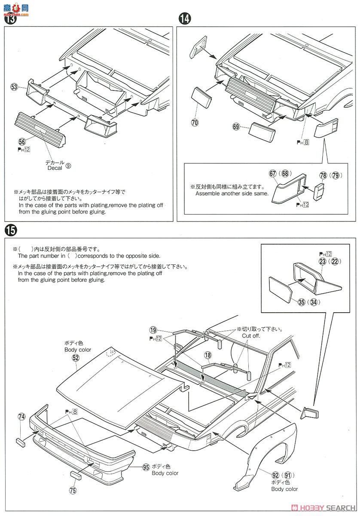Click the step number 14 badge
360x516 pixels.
coord(184,18)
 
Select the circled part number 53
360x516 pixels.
coord(15,87)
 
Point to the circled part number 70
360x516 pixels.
coord(195,123)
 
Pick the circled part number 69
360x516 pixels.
coord(236,126)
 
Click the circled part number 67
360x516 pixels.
coord(273,173)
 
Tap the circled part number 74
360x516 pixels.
coord(21,417)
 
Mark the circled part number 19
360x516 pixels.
coord(153,330)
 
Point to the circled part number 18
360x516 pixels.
coord(208,355)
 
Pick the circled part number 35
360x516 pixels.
coord(301,302)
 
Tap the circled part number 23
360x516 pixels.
coord(323,261)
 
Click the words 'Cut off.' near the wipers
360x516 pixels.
coord(251,336)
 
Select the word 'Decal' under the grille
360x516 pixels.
coord(55,168)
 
